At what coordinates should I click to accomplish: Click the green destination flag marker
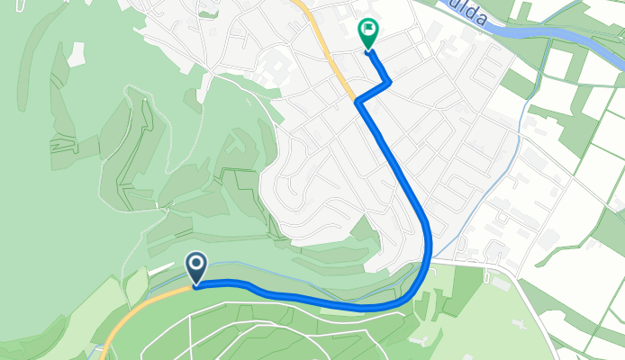(x=367, y=33)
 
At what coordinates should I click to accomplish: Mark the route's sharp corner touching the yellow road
(x=358, y=102)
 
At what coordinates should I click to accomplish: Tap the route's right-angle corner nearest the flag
(x=390, y=84)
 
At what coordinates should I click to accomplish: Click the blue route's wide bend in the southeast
(x=423, y=270)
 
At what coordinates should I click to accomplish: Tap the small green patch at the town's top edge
(x=208, y=13)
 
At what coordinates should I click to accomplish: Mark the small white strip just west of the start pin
(x=136, y=286)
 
